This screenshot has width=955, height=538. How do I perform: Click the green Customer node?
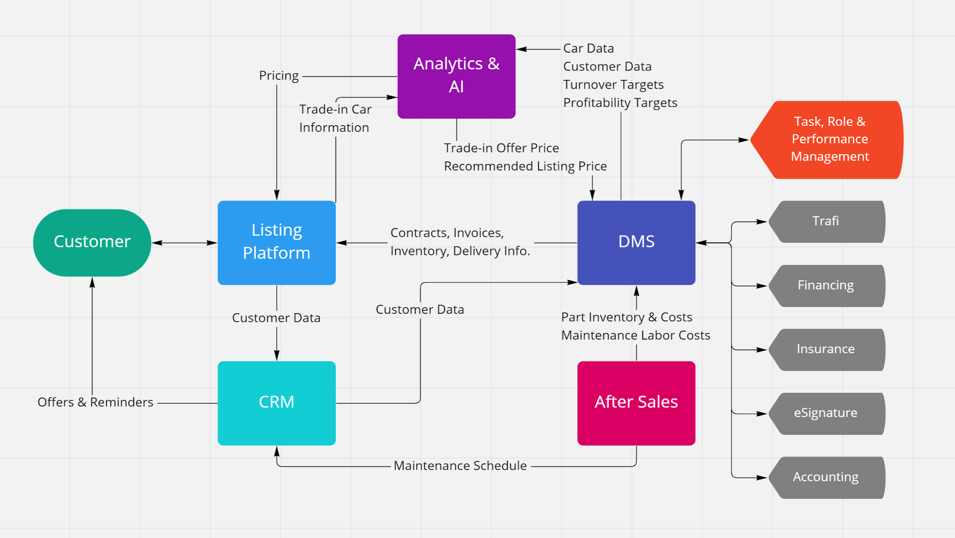point(92,242)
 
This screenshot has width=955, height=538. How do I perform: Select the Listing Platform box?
point(276,242)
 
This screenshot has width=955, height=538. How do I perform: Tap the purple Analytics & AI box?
point(456,76)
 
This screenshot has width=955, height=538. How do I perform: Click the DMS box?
point(636,242)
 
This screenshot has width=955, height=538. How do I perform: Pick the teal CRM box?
point(276,403)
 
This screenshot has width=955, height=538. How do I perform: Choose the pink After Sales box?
point(636,403)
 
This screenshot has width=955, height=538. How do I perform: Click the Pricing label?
point(279,76)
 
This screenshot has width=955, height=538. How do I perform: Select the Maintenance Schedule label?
point(460,466)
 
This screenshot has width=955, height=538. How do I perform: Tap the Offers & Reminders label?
point(95,402)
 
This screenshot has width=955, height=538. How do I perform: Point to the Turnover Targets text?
point(613,85)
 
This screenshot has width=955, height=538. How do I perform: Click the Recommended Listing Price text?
point(525,166)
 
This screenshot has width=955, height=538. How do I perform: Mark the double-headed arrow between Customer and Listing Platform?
point(184,243)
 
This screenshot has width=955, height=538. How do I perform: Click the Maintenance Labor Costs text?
point(635,335)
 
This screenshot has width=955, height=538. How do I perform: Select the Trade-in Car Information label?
point(335,118)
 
